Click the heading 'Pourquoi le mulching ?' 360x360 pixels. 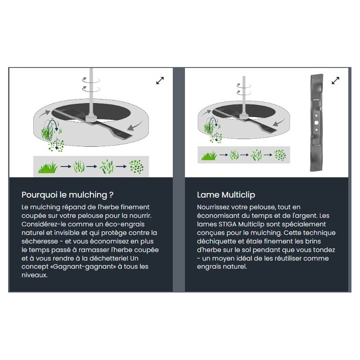pyautogui.click(x=67, y=195)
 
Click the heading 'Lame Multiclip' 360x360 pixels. pyautogui.click(x=226, y=195)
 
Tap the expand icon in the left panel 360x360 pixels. pyautogui.click(x=160, y=81)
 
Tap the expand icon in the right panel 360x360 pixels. pyautogui.click(x=335, y=81)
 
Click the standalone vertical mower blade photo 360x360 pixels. pyautogui.click(x=316, y=122)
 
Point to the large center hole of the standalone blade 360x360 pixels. pyautogui.click(x=316, y=123)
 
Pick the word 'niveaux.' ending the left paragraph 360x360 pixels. pyautogui.click(x=35, y=275)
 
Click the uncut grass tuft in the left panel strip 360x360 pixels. pyautogui.click(x=48, y=167)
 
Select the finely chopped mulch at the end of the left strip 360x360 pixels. pyautogui.click(x=136, y=166)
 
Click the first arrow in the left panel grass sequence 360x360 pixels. pyautogui.click(x=66, y=166)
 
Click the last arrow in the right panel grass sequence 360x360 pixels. pyautogui.click(x=268, y=155)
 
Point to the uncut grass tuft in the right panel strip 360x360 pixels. pyautogui.click(x=209, y=156)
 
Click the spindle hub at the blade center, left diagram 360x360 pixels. pyautogui.click(x=91, y=118)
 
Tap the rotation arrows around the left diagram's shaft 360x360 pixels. pyautogui.click(x=91, y=84)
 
